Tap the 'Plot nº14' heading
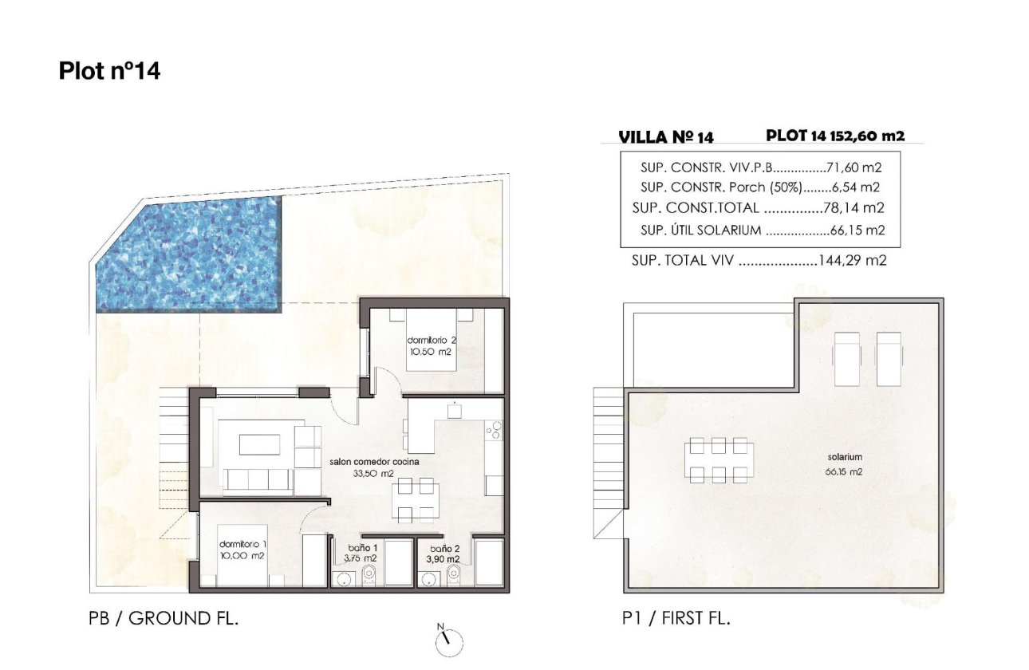[x=109, y=71]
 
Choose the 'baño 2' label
[x=444, y=549]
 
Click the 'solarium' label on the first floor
[x=845, y=457]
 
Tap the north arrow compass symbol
[x=449, y=639]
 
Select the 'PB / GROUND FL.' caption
[x=164, y=618]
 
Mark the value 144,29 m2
[x=853, y=260]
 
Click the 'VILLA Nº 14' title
[x=666, y=137]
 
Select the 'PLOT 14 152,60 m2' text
[x=835, y=136]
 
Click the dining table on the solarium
[x=719, y=460]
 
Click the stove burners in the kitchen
[x=495, y=431]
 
